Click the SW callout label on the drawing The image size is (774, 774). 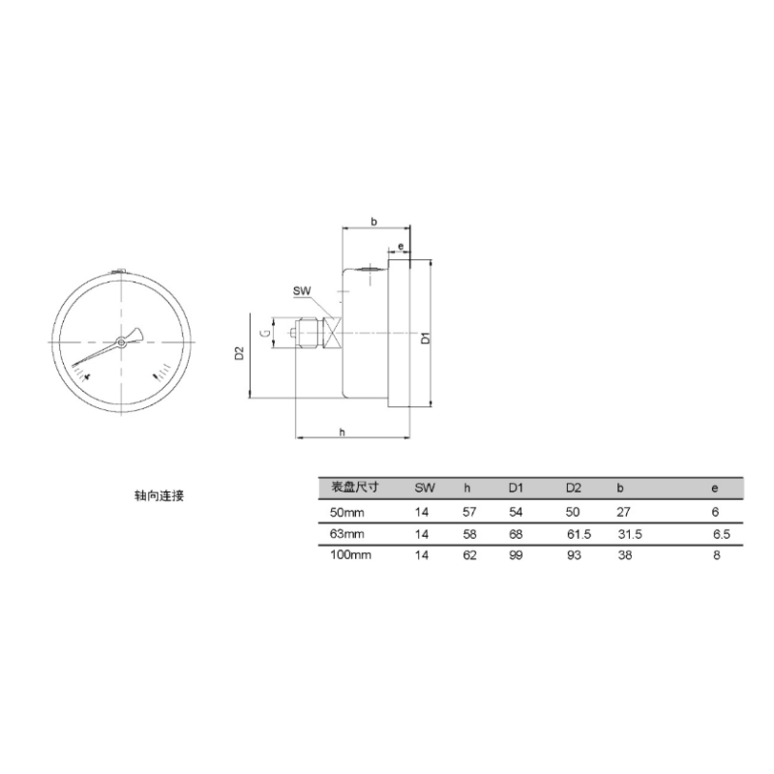click(302, 291)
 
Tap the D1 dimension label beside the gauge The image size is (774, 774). click(426, 338)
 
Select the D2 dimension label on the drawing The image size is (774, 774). click(239, 353)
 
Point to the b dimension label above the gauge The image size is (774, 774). click(373, 222)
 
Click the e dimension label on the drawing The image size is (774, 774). click(401, 246)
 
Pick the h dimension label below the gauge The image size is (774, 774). click(342, 432)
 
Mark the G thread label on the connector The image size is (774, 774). click(265, 333)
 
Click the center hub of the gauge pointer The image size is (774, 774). click(121, 342)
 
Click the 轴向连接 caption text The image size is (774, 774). click(159, 495)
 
